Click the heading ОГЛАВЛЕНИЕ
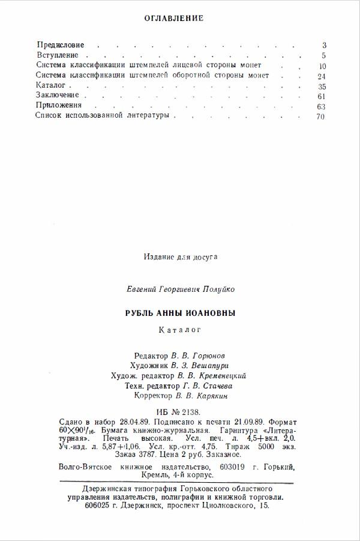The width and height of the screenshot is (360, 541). click(174, 19)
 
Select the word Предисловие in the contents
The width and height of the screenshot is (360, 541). click(61, 45)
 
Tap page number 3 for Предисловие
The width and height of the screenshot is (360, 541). click(324, 46)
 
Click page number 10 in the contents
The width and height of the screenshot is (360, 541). click(322, 66)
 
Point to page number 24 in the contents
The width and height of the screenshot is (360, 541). click(322, 76)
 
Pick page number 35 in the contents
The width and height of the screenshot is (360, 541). click(322, 87)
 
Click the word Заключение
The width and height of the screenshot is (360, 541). click(57, 96)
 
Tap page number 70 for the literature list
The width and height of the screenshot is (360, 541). click(320, 117)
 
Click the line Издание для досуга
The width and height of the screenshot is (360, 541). click(181, 256)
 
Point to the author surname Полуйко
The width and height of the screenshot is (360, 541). click(218, 289)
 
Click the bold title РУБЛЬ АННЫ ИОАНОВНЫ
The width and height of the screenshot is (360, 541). click(180, 313)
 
